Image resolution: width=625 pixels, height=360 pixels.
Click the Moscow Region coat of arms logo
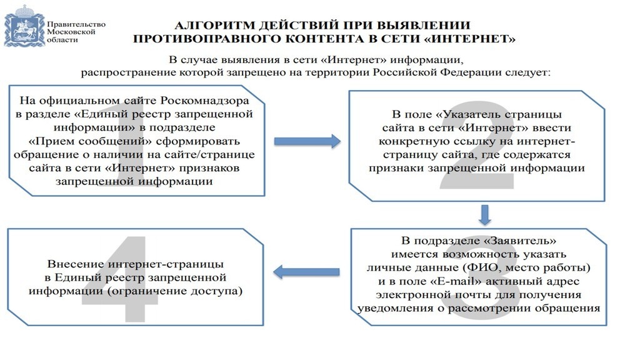24,26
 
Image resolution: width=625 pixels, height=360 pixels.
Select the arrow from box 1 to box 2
307,141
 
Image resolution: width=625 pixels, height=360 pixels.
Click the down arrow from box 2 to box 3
484,215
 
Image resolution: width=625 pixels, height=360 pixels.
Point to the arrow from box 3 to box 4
306,272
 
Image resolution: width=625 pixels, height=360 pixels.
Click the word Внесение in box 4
76,264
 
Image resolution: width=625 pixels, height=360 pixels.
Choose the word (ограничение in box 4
148,291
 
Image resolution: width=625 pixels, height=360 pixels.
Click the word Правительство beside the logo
76,24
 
